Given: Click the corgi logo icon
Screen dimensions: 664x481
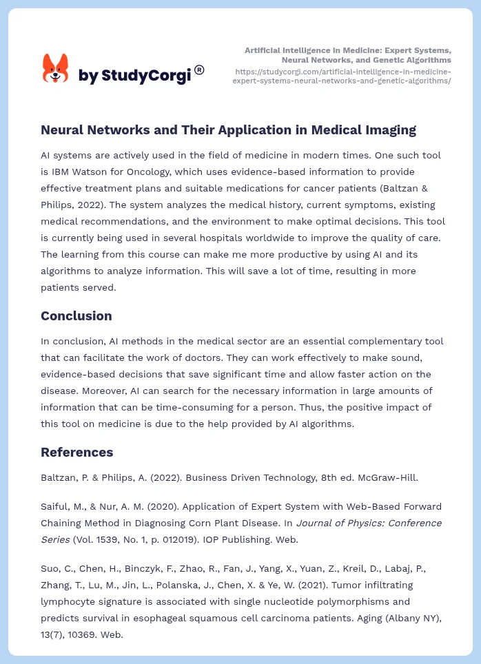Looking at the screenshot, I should pos(56,69).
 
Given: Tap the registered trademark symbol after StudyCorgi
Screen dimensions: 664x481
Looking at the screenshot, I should pos(199,70).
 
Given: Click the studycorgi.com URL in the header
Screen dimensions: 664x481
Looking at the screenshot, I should pos(342,76).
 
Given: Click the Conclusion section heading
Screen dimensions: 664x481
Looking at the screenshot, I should pos(76,316).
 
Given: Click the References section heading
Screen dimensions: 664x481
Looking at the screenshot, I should pos(76,453).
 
